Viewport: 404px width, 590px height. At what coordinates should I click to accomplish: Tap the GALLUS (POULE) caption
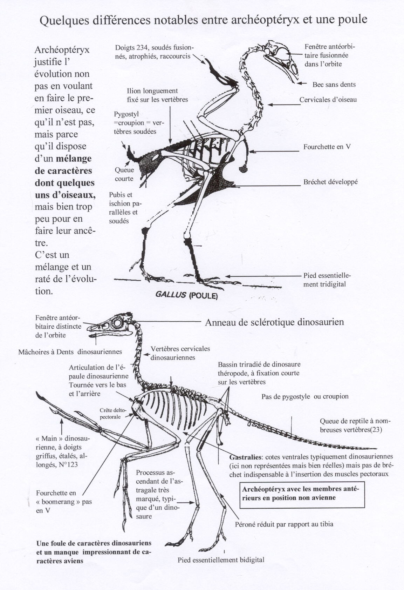[186, 295]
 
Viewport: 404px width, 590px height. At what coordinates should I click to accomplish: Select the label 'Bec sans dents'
[334, 85]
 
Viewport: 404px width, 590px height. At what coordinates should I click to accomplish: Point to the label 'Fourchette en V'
[327, 147]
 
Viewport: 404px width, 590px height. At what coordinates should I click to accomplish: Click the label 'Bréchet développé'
[330, 182]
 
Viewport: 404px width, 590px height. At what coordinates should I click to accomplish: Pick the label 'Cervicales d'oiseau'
[328, 100]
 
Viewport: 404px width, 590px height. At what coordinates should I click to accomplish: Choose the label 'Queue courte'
[124, 174]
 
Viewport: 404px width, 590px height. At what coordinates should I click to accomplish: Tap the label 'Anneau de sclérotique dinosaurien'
[274, 322]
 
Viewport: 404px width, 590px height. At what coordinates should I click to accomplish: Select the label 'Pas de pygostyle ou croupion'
[305, 396]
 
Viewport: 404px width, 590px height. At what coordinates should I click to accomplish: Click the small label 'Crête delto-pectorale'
[110, 414]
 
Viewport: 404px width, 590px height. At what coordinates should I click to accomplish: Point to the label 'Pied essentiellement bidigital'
[221, 560]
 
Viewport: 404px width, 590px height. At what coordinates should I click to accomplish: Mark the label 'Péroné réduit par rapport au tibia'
[284, 524]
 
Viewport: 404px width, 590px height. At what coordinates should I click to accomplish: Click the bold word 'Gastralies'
[246, 457]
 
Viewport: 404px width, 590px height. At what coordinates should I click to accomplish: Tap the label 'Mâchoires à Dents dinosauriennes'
[70, 351]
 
